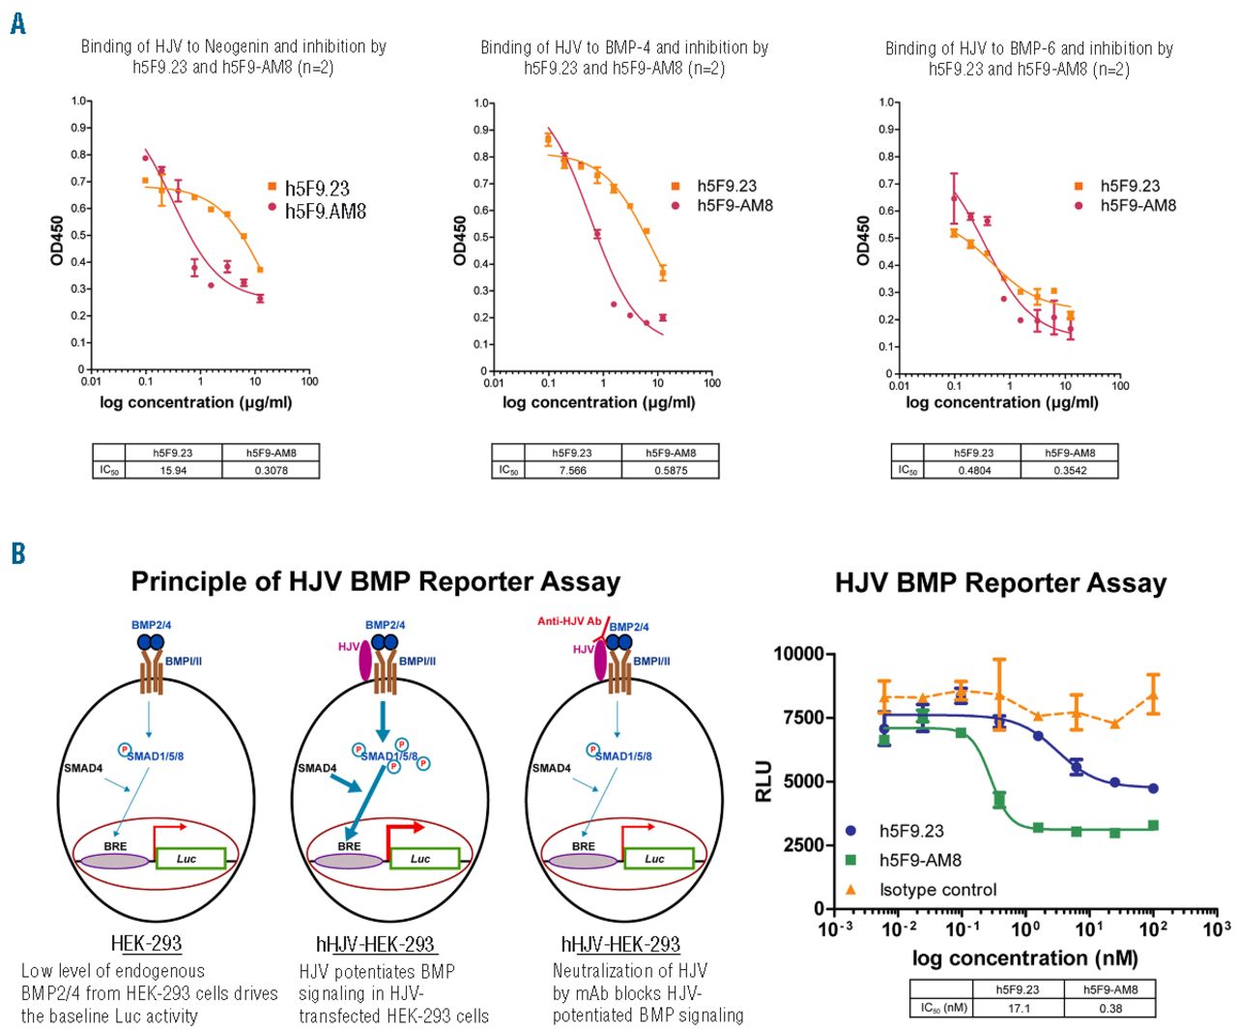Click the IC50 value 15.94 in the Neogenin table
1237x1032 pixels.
coord(173,470)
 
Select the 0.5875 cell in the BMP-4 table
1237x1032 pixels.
coord(670,470)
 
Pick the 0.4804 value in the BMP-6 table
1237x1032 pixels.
coord(973,470)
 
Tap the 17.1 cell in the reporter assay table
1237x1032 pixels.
coord(1019,1008)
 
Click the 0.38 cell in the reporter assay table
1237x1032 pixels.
coord(1110,1008)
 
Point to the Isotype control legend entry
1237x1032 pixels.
coord(936,890)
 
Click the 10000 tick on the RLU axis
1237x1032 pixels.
coord(798,654)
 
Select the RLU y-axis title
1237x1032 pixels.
coord(763,781)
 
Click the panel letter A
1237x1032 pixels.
coord(17,23)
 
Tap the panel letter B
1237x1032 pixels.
coord(17,553)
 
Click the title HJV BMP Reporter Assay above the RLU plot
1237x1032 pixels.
coord(1000,583)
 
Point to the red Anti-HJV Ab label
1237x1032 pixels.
coord(569,621)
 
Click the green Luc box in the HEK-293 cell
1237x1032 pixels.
coord(187,858)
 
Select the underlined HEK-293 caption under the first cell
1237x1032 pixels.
coord(146,944)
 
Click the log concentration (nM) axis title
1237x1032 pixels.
coord(1024,958)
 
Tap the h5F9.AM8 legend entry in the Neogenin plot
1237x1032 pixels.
coord(325,211)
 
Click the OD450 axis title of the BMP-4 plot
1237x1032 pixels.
coord(461,240)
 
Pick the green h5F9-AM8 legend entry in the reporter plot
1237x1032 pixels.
coord(919,860)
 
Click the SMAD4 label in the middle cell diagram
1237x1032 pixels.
coord(317,768)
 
